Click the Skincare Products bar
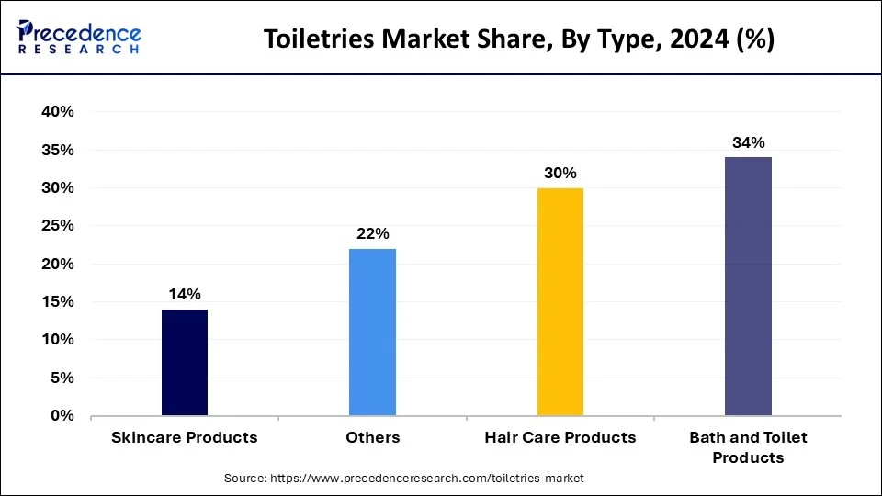[185, 363]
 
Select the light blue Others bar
[372, 333]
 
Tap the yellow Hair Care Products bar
[560, 302]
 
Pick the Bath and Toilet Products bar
[748, 287]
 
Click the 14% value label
[184, 294]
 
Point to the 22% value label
[372, 233]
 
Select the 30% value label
[560, 173]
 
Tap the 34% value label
[748, 142]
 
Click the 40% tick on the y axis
[58, 112]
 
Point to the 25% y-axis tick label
[58, 226]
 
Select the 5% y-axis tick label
[62, 378]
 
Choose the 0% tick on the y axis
[62, 416]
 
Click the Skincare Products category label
[185, 438]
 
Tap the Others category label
[372, 438]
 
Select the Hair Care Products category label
[560, 438]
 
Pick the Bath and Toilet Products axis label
[748, 447]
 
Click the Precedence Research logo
[79, 39]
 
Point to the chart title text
[519, 39]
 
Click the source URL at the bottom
[404, 479]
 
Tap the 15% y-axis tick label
[58, 302]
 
